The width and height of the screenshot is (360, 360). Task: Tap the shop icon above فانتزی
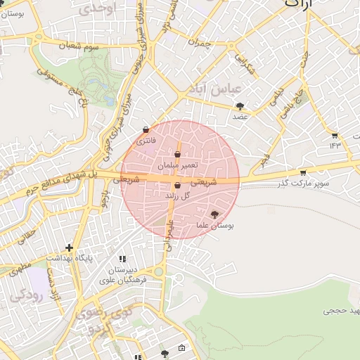pyautogui.click(x=146, y=130)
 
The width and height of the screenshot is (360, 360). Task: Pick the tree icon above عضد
pyautogui.click(x=240, y=106)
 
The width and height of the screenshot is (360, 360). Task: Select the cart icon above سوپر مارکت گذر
pyautogui.click(x=303, y=172)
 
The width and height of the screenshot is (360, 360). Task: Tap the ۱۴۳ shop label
pyautogui.click(x=334, y=146)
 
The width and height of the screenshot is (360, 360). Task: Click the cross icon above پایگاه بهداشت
pyautogui.click(x=69, y=247)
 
